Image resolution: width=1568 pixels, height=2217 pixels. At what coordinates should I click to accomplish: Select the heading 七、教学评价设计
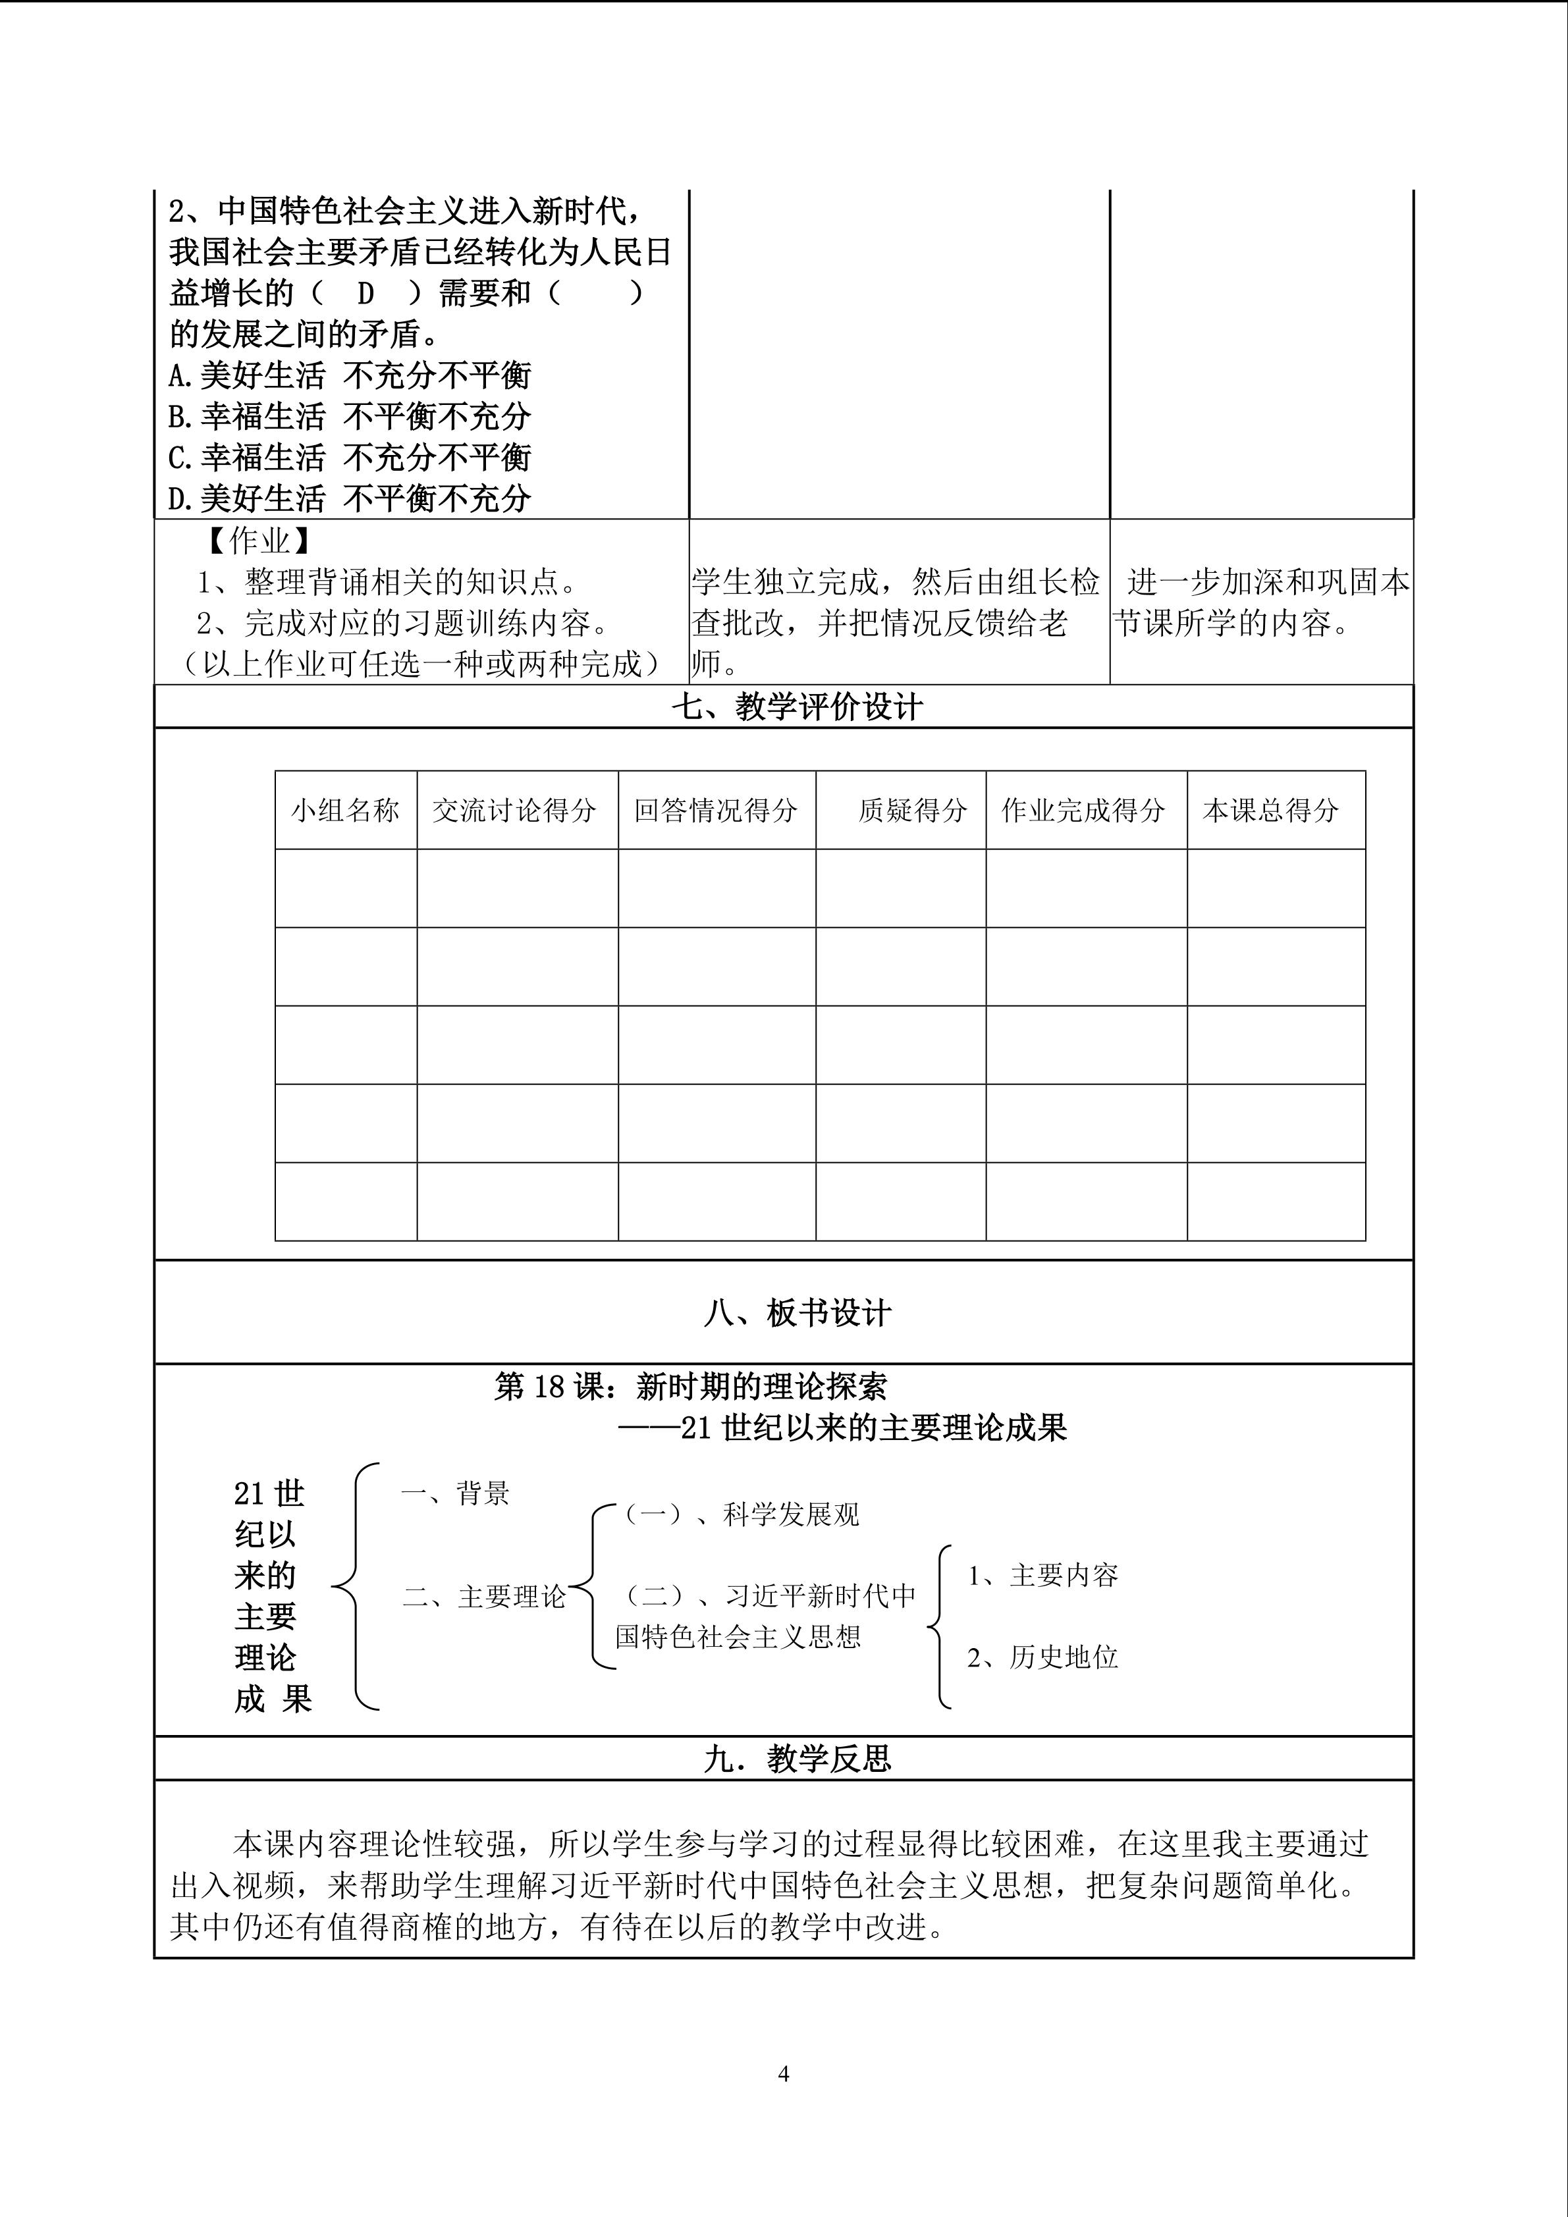(x=797, y=707)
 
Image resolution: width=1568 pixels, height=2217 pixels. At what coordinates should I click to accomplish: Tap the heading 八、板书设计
(x=797, y=1312)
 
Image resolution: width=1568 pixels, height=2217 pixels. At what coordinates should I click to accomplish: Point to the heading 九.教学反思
(x=797, y=1758)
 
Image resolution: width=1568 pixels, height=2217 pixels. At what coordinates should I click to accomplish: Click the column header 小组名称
(x=346, y=810)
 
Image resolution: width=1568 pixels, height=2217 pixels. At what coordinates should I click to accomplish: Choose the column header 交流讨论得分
(x=514, y=810)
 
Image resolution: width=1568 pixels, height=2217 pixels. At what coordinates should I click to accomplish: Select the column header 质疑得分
(x=912, y=810)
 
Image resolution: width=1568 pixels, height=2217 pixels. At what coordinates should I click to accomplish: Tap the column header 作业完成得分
(x=1083, y=810)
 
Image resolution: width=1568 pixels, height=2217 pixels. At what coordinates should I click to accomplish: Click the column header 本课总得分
(x=1270, y=810)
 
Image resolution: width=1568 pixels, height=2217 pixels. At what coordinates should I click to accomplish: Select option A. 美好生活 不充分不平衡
(x=350, y=375)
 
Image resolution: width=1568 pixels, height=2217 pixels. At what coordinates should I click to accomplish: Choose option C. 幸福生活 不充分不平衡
(x=350, y=457)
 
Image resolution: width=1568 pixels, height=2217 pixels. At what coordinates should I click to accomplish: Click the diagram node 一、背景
(x=455, y=1494)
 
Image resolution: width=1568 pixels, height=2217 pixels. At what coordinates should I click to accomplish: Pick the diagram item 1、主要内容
(x=1042, y=1576)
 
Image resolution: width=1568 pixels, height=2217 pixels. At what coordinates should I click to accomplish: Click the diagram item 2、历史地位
(x=1042, y=1657)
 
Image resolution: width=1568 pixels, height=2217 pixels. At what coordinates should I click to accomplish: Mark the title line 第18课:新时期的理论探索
(x=690, y=1387)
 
